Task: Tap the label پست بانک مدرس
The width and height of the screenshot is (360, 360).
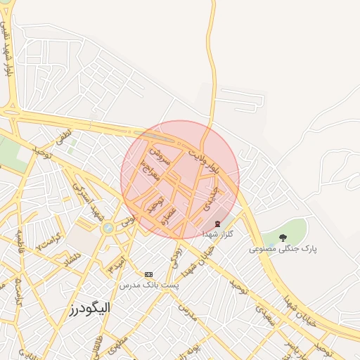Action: (x=148, y=285)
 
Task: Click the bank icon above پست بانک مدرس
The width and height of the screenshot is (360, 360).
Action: (x=148, y=274)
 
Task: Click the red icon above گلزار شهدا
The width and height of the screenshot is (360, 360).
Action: (x=217, y=224)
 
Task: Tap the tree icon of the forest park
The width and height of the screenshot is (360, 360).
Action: (x=283, y=238)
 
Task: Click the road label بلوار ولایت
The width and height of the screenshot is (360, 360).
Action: (x=226, y=160)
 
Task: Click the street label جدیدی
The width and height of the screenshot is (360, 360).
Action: (x=208, y=199)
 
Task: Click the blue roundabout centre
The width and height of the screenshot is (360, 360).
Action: (x=107, y=228)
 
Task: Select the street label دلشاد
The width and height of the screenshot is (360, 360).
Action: (x=72, y=260)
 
